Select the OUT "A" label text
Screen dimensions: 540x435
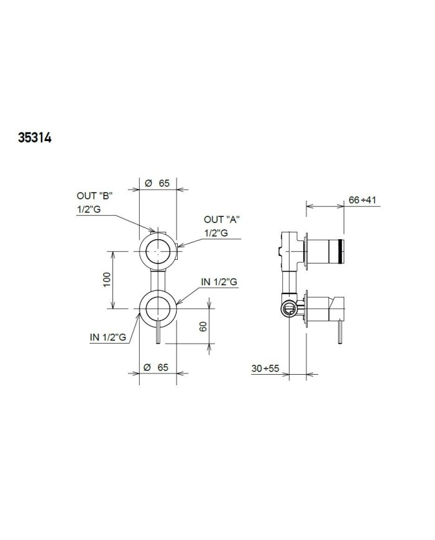221,219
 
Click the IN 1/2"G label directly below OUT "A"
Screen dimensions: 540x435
219,282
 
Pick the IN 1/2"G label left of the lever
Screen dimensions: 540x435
108,337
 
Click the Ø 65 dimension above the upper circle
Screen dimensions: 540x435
157,183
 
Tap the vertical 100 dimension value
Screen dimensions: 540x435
106,280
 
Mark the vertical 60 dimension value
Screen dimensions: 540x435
203,327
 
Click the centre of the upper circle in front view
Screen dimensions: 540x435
158,250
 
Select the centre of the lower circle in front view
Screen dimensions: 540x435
158,309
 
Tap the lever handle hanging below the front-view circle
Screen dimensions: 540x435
160,334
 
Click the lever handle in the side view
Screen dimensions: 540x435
339,332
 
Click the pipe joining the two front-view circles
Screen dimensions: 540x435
158,280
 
